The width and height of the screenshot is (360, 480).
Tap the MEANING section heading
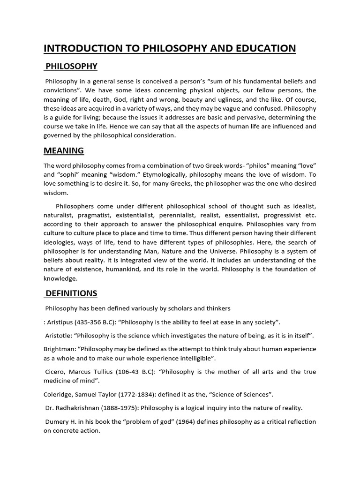(x=64, y=150)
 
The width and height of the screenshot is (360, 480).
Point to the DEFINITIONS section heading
(x=71, y=293)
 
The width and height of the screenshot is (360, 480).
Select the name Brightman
(x=58, y=349)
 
